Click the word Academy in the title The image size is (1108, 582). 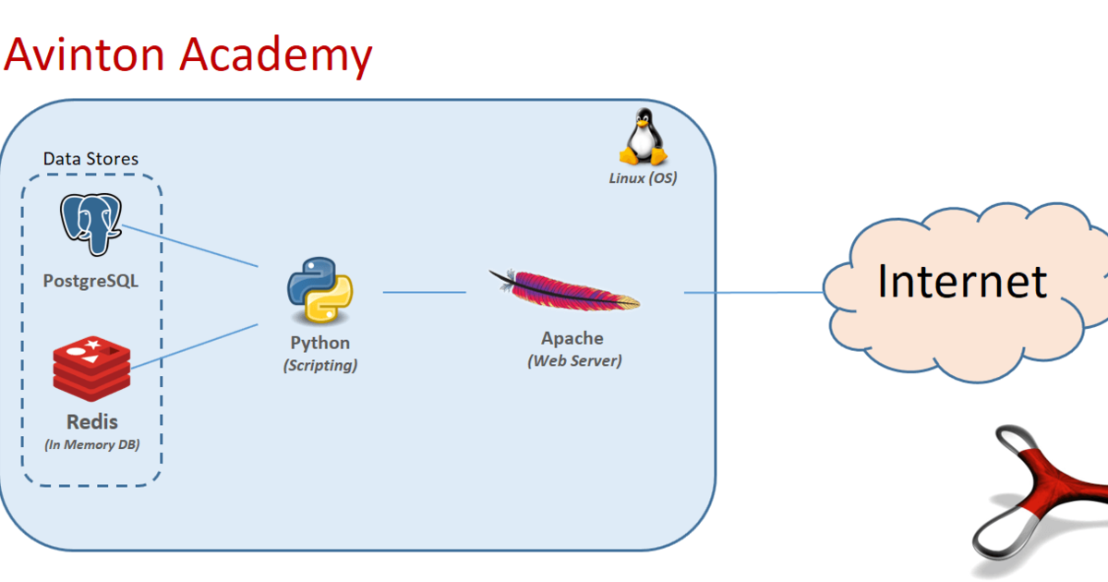pyautogui.click(x=277, y=55)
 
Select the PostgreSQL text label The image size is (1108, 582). pyautogui.click(x=90, y=280)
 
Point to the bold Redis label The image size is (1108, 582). pyautogui.click(x=91, y=422)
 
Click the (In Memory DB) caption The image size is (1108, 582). pyautogui.click(x=91, y=444)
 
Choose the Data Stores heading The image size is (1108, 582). pyautogui.click(x=90, y=159)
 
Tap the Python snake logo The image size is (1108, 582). pyautogui.click(x=319, y=291)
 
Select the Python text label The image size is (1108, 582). pyautogui.click(x=320, y=343)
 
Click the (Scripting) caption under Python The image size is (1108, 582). pyautogui.click(x=320, y=365)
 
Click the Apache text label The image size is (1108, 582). pyautogui.click(x=572, y=338)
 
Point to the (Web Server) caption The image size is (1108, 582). pyautogui.click(x=574, y=360)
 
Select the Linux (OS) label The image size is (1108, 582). pyautogui.click(x=643, y=177)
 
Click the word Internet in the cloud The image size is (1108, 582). pyautogui.click(x=962, y=281)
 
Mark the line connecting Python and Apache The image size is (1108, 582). pyautogui.click(x=425, y=292)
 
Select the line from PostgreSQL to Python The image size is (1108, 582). pyautogui.click(x=189, y=245)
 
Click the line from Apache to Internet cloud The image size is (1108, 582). pyautogui.click(x=753, y=293)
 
